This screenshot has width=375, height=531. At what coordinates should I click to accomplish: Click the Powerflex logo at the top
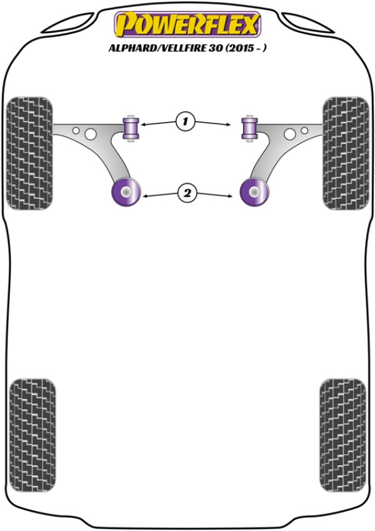click(187, 24)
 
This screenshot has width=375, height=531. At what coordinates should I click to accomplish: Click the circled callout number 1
click(185, 121)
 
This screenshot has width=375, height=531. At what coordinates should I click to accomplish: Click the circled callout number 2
click(187, 193)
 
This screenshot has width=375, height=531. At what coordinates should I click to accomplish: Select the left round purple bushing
click(126, 192)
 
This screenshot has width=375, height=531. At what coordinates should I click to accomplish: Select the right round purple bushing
click(254, 192)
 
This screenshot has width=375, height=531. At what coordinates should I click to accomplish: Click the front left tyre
click(30, 153)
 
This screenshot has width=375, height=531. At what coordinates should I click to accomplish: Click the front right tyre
click(346, 153)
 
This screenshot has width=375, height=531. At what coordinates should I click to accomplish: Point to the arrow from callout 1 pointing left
click(158, 123)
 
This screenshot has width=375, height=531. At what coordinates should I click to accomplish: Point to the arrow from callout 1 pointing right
click(213, 123)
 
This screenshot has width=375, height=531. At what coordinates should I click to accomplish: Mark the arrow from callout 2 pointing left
click(160, 195)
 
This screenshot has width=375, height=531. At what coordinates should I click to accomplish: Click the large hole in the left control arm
click(91, 134)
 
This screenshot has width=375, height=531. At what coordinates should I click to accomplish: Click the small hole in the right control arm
click(304, 130)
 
